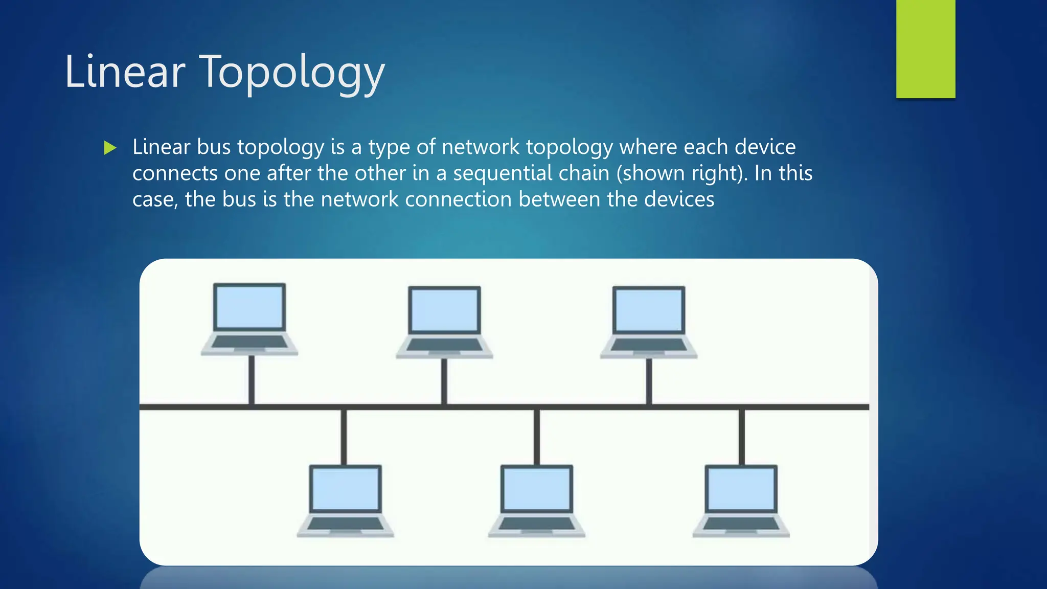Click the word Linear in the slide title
[125, 73]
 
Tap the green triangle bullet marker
[110, 148]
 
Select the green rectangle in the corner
[925, 49]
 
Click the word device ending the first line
[765, 147]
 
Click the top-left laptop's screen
[249, 307]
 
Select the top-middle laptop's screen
[444, 310]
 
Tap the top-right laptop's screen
[649, 310]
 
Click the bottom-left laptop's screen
[346, 489]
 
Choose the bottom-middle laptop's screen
[537, 489]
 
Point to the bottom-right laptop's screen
[741, 489]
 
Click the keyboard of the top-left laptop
[249, 342]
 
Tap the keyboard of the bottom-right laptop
[741, 524]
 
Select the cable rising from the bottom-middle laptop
[537, 437]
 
